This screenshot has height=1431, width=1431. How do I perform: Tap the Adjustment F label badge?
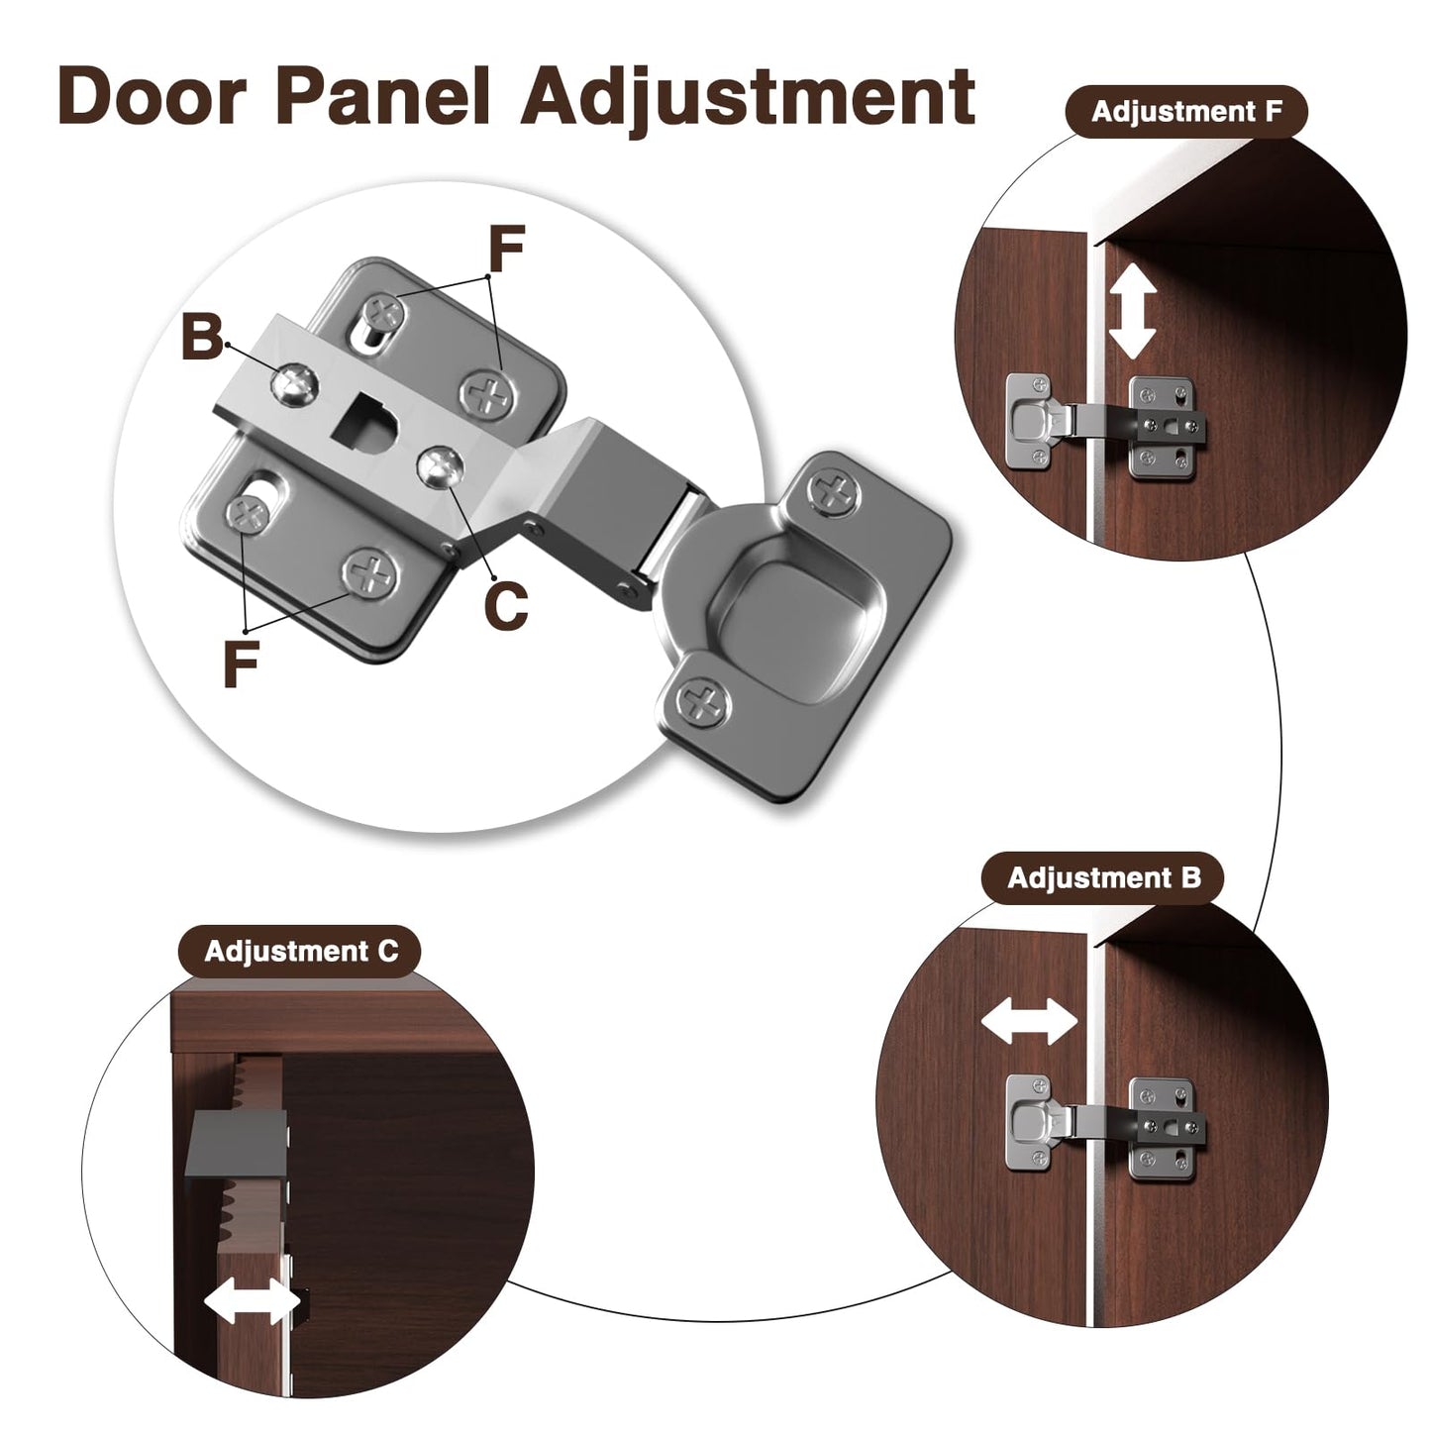(1186, 112)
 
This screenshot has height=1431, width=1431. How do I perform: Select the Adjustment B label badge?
(1103, 878)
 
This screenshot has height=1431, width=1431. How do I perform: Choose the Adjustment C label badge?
(301, 952)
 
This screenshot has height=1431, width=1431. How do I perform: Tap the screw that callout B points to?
(295, 382)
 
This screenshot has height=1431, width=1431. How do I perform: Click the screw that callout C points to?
(441, 466)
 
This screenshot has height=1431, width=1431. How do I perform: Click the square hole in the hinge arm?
(366, 420)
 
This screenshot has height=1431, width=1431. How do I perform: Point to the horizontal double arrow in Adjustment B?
(1029, 1021)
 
